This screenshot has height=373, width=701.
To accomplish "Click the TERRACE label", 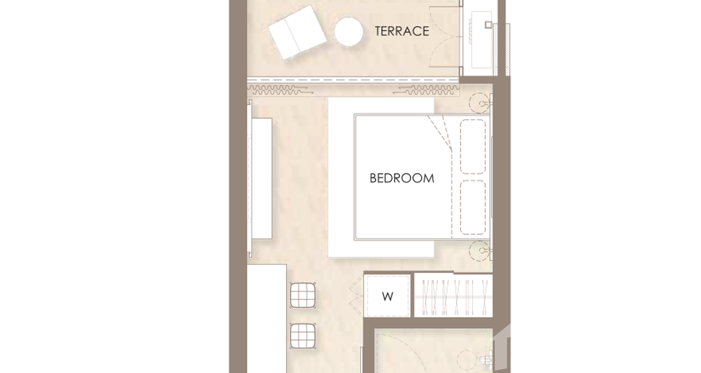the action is click(402, 31).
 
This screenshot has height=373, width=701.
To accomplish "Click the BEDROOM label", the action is click(402, 178).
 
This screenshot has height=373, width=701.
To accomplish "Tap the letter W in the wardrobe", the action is click(387, 296).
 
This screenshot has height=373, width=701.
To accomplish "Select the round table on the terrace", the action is click(349, 32).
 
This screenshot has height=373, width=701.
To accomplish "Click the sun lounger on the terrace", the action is click(297, 32).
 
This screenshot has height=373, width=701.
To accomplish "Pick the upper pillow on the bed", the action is click(473, 146).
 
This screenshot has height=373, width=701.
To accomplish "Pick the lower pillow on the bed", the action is click(473, 207).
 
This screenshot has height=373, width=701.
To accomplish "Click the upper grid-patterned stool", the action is click(303, 295).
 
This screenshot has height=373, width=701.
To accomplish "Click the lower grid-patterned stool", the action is click(303, 336).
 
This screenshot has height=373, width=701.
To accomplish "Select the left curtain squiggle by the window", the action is click(280, 90).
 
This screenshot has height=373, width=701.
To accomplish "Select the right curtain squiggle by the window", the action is click(426, 90).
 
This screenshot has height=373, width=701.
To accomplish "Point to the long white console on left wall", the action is click(262, 178).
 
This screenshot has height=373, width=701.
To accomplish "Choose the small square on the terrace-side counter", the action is click(488, 25).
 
